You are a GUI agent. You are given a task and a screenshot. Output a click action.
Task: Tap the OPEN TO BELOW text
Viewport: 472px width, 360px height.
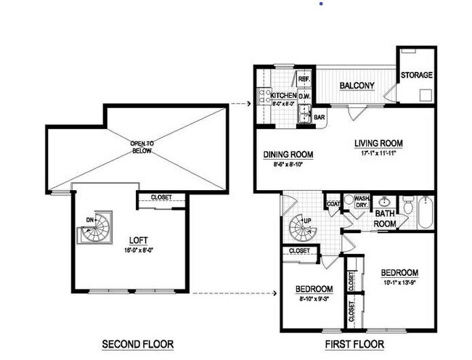click(x=141, y=147)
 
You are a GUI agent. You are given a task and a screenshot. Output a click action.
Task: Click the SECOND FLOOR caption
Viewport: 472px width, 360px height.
click(x=137, y=343)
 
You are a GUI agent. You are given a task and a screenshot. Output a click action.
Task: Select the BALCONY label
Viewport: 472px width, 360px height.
click(x=357, y=86)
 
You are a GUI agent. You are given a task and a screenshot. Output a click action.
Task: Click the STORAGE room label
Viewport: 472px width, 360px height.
click(x=417, y=75)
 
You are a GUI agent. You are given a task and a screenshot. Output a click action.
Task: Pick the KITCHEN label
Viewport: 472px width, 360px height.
click(x=283, y=96)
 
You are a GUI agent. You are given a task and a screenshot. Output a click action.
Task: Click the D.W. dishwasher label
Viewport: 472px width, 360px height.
click(x=305, y=96)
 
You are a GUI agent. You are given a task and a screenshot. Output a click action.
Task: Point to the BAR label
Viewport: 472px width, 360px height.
click(x=320, y=116)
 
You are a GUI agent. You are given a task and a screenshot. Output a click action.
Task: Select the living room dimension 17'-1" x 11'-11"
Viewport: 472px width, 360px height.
click(x=378, y=153)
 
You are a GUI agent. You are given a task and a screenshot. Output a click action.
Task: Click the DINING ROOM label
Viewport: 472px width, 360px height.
click(x=288, y=154)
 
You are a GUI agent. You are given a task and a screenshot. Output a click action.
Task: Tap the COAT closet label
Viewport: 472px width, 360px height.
click(x=333, y=205)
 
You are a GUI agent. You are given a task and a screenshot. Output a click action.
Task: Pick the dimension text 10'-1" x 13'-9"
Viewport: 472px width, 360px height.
click(x=400, y=284)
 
